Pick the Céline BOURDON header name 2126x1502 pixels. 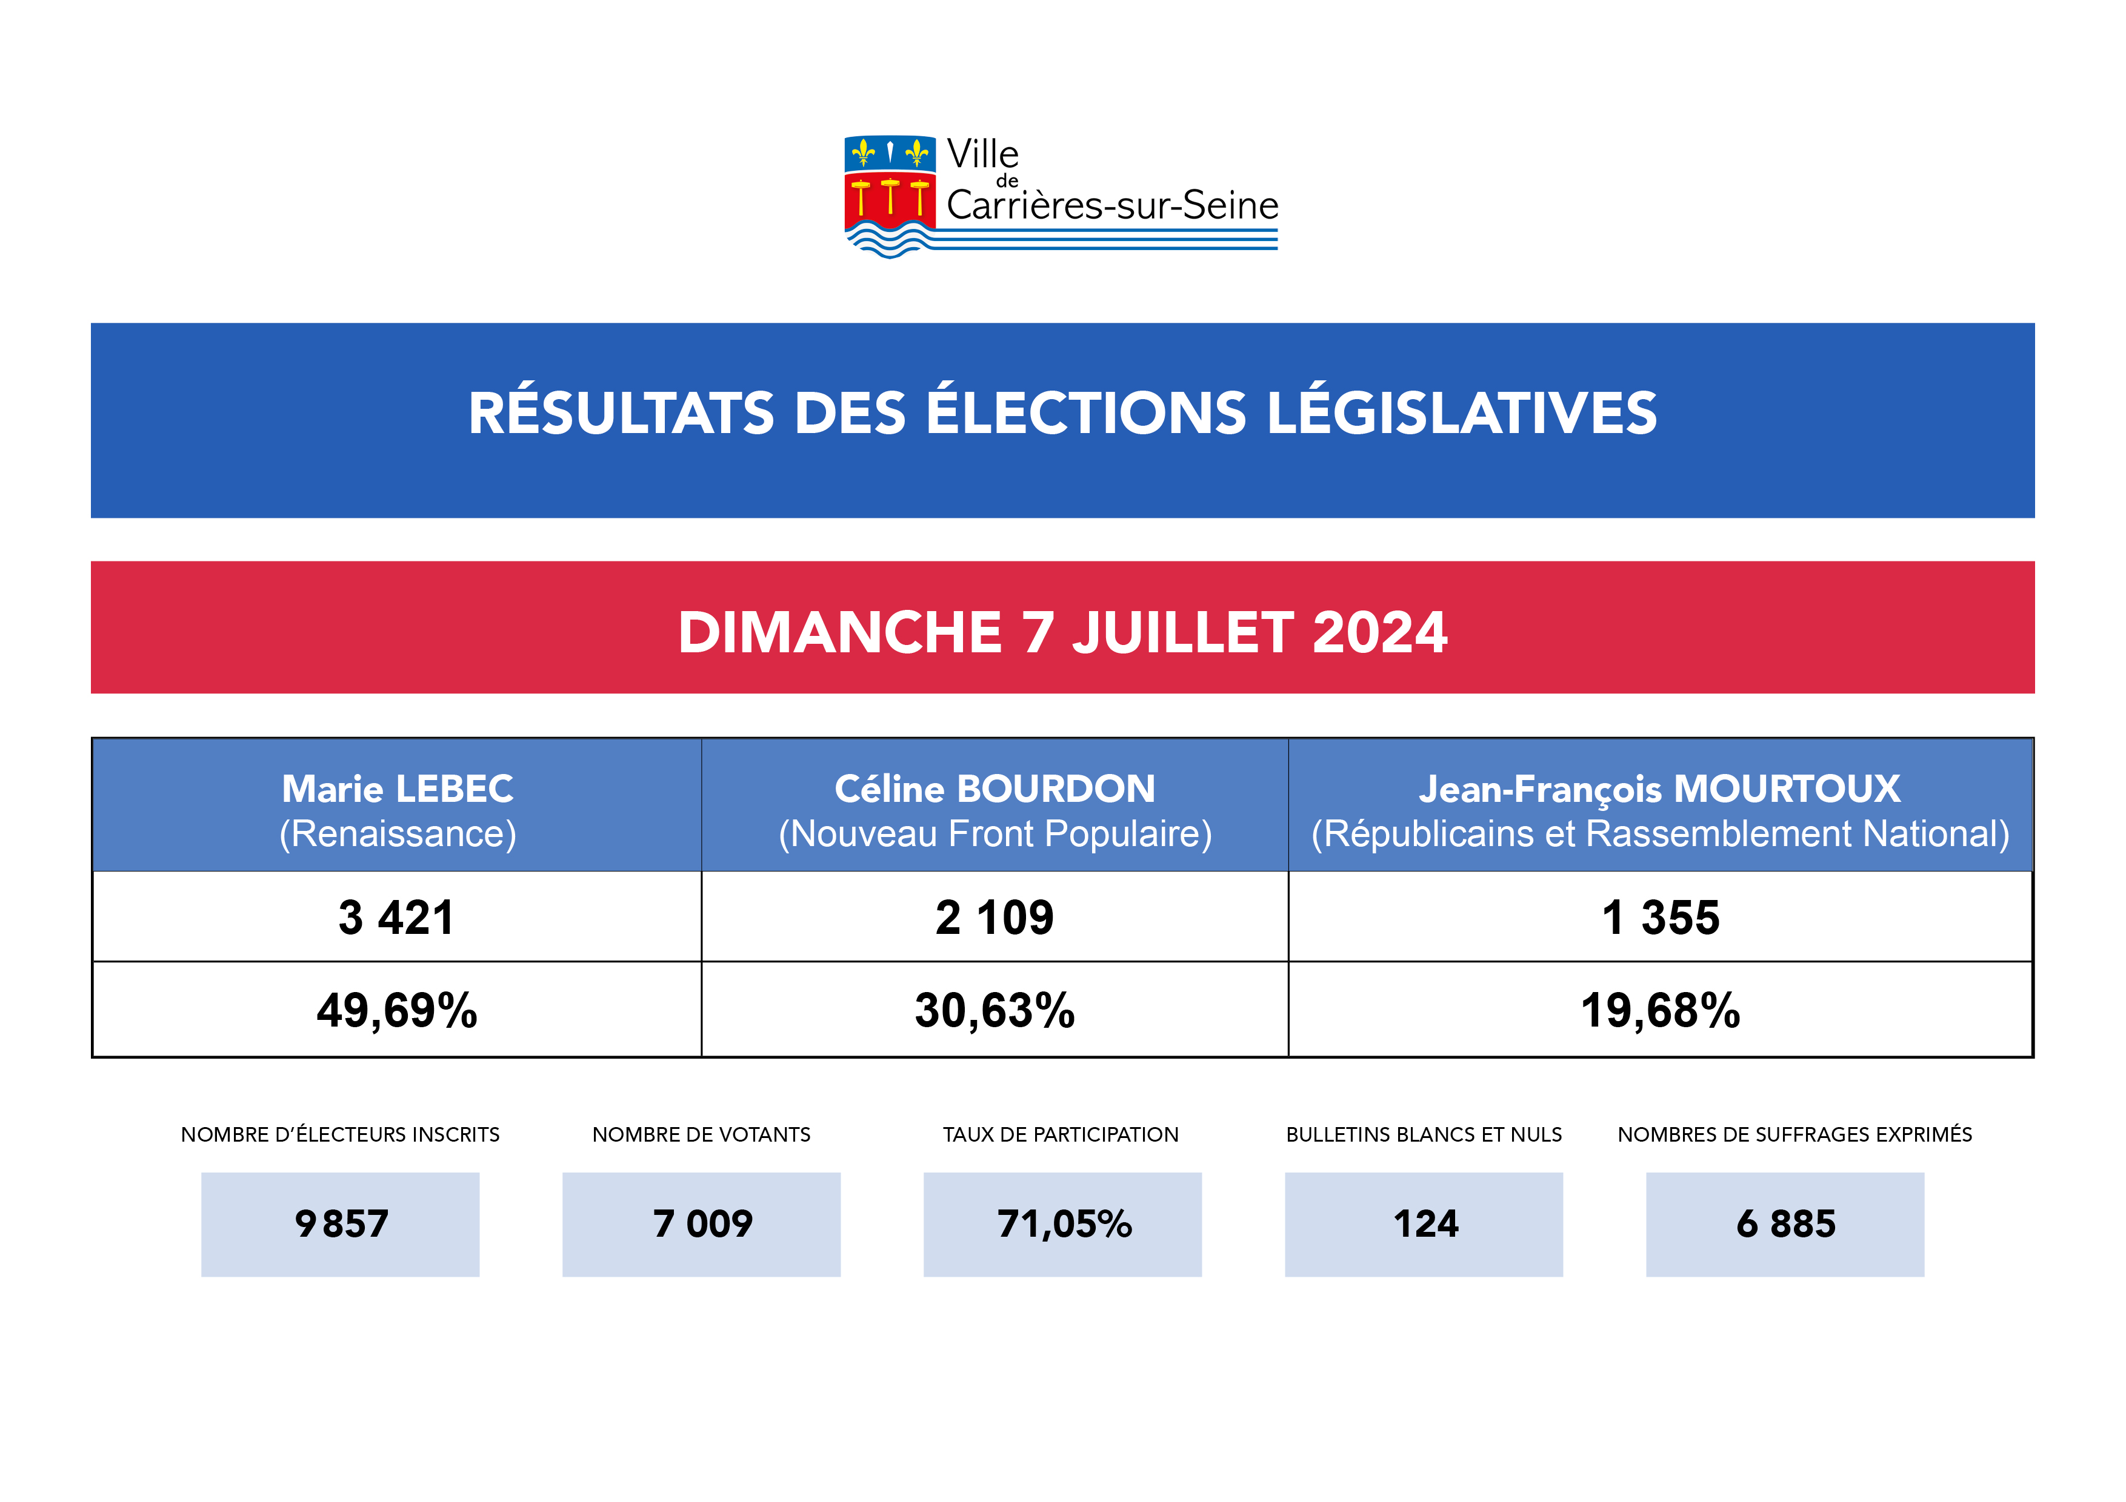(x=995, y=789)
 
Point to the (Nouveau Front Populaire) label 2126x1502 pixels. (x=995, y=834)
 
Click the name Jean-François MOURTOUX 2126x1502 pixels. (x=1659, y=789)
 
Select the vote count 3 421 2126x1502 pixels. (x=396, y=918)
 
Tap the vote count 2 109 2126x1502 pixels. (x=995, y=918)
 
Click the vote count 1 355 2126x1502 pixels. (x=1660, y=918)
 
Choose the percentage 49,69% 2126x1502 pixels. (x=396, y=1011)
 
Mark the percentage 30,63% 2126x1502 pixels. (x=995, y=1011)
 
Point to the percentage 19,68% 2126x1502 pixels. (x=1660, y=1011)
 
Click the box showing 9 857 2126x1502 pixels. (x=340, y=1225)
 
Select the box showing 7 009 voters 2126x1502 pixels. (x=701, y=1225)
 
